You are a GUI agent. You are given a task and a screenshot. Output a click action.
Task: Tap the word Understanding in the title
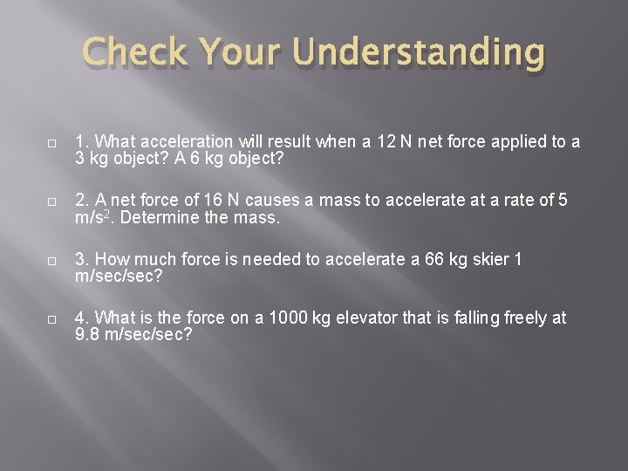(x=420, y=55)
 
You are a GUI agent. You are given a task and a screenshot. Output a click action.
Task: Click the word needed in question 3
(x=269, y=260)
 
